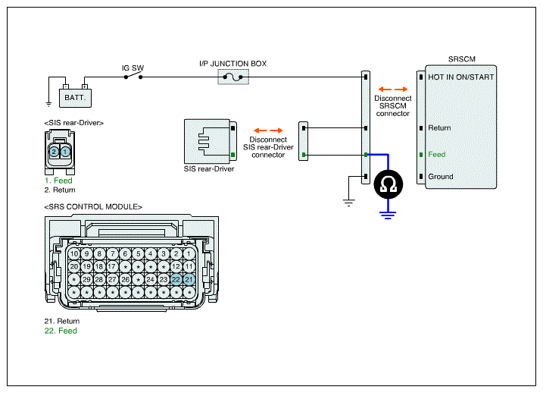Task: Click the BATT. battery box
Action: pos(75,98)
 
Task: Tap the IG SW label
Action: pos(133,68)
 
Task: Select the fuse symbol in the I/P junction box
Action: pos(233,77)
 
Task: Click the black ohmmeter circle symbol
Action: pos(389,184)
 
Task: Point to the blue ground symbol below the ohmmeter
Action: pos(388,215)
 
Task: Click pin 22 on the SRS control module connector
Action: pos(176,279)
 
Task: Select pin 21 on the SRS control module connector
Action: pos(189,279)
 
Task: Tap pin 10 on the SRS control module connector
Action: pos(74,254)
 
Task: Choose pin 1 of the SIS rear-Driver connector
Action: pos(65,152)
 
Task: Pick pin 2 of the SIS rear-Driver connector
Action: pos(54,152)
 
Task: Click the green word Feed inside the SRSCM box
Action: pos(437,154)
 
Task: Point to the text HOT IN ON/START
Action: pos(461,77)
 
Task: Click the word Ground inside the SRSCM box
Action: pos(441,177)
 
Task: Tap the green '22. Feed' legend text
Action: pos(61,331)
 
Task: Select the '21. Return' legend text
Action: pos(62,321)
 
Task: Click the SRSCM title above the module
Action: pos(462,59)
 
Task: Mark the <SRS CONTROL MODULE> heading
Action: pos(93,206)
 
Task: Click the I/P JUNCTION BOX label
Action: pos(232,64)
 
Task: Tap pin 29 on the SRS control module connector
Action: pos(86,279)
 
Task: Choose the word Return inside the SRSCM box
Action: pos(439,128)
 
